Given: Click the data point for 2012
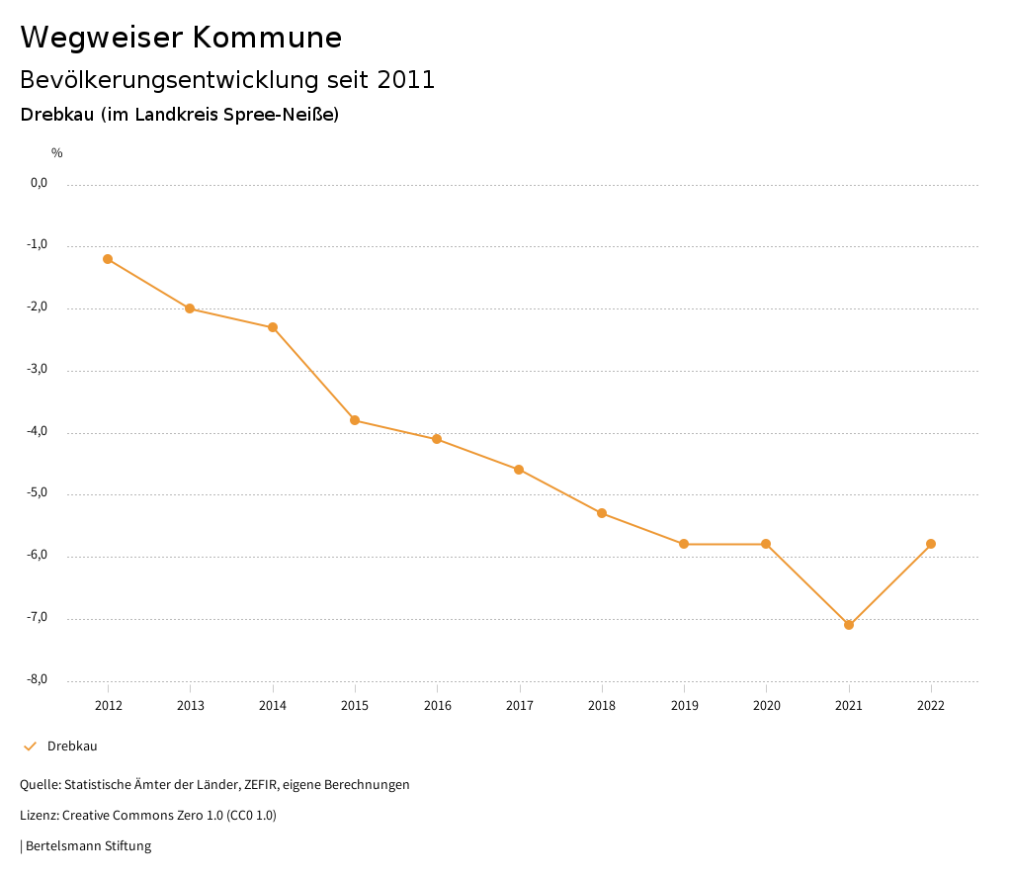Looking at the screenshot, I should [108, 259].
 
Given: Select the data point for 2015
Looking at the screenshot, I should [355, 420].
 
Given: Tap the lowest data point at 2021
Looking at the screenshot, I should [849, 625].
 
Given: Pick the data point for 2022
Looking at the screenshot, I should [931, 544].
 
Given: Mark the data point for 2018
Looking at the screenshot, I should [602, 513].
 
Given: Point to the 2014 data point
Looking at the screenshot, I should [273, 327].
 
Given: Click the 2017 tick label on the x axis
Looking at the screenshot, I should [520, 705].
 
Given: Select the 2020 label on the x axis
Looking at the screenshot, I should [767, 705].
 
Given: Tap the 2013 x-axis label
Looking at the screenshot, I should [191, 705].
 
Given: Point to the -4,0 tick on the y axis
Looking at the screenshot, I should [39, 431].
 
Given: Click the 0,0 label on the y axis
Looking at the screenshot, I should [40, 183].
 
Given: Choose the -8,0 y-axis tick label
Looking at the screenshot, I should [39, 679].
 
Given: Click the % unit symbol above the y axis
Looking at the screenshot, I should [57, 152].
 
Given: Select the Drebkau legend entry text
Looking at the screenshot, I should [72, 746].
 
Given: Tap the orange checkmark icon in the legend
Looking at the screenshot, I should [30, 746].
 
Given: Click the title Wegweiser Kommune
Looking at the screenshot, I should [181, 38].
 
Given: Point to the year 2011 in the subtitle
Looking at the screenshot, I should [406, 80].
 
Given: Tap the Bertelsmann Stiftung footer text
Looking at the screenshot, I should [88, 846].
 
